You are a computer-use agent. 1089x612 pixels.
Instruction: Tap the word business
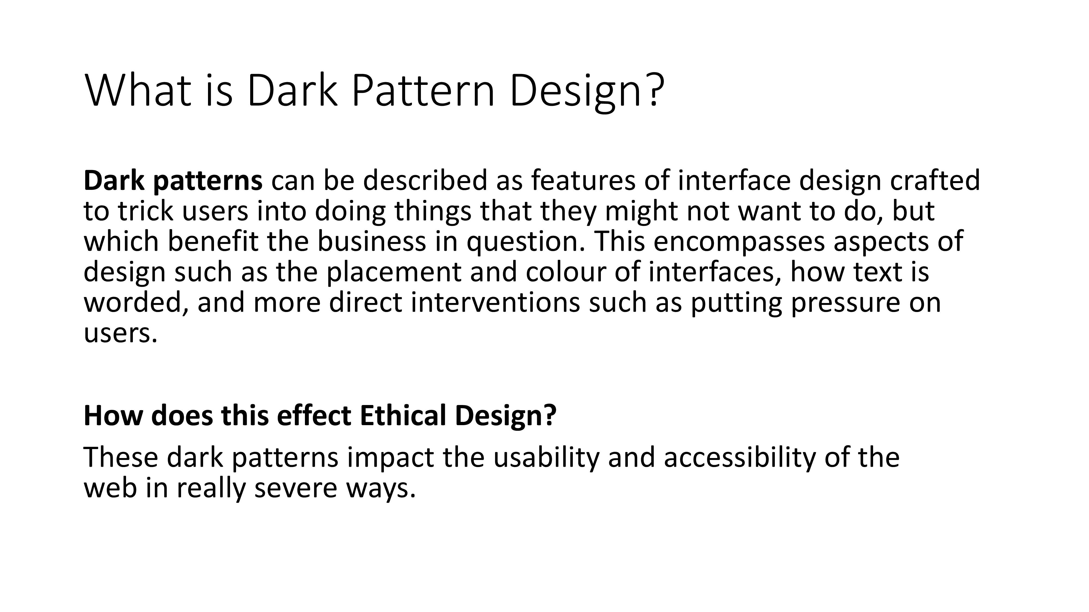click(x=372, y=241)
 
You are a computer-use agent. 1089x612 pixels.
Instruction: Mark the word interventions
click(x=495, y=302)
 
